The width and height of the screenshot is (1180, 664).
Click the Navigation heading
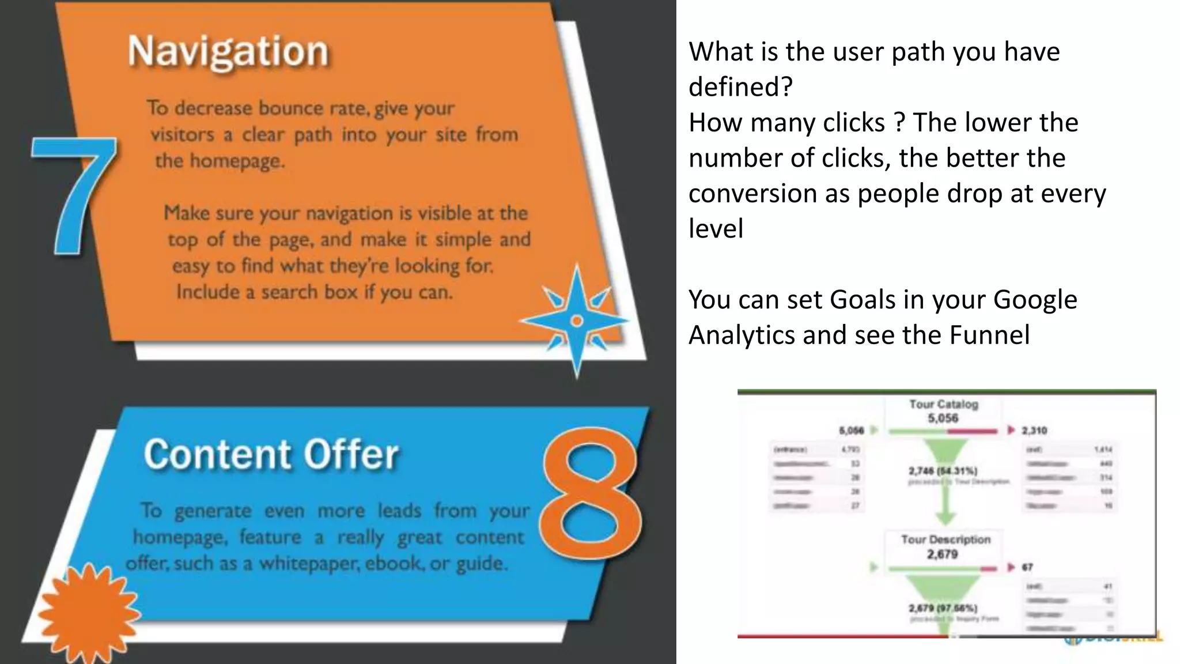coord(228,52)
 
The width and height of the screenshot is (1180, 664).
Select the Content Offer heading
coord(271,455)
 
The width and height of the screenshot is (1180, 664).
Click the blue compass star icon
coord(576,320)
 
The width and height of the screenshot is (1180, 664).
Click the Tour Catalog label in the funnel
coord(944,404)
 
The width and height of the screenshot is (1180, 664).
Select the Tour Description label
coord(945,539)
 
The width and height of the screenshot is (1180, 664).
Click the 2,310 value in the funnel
coord(1034,431)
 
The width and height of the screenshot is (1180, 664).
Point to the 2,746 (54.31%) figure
coord(943,471)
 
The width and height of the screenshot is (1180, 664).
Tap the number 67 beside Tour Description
coord(1027,567)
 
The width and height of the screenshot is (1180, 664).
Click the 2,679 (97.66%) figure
coord(943,608)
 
